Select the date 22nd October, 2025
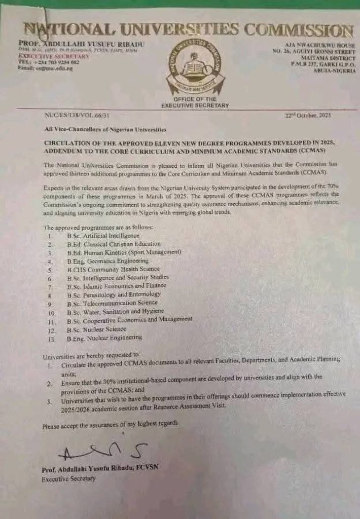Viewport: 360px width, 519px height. [x=308, y=116]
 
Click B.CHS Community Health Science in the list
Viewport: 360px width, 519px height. [x=113, y=270]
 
